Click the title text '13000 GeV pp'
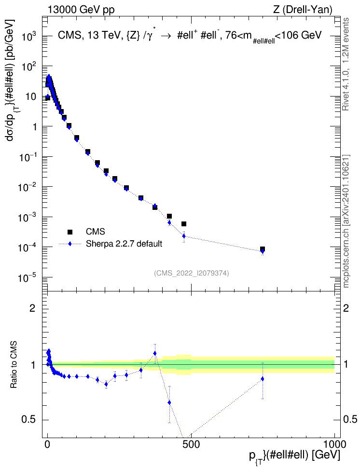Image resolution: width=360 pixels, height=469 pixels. [x=81, y=10]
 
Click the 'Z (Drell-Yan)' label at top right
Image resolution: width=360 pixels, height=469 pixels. [x=303, y=10]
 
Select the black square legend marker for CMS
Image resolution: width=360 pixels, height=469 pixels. [x=70, y=232]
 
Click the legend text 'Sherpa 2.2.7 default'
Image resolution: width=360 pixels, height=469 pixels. [x=124, y=244]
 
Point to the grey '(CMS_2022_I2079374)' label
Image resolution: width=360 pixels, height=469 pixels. [x=192, y=273]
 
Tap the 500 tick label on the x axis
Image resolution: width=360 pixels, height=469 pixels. [x=191, y=444]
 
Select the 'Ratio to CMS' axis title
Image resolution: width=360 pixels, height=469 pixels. [x=14, y=365]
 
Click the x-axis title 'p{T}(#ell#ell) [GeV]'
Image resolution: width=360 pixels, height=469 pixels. [x=294, y=456]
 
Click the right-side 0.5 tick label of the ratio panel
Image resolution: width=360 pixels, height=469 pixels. [x=350, y=419]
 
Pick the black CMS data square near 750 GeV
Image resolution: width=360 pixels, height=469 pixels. [x=263, y=249]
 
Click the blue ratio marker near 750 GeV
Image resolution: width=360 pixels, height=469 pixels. [x=263, y=379]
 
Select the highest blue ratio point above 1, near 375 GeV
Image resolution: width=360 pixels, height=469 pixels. [x=155, y=353]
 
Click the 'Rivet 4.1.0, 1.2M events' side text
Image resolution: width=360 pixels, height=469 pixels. [x=346, y=64]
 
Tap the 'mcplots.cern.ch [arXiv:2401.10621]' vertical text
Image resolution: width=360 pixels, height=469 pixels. [x=346, y=221]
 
